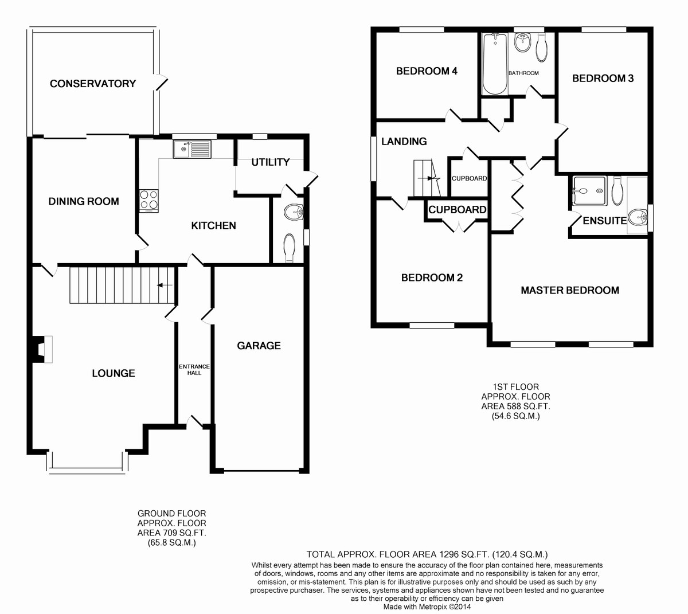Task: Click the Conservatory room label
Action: click(x=93, y=84)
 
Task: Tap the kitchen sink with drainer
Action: click(x=192, y=150)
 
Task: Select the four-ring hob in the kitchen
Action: click(x=148, y=201)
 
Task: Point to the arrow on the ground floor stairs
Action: click(x=165, y=286)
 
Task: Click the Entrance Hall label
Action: click(x=194, y=369)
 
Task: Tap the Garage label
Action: click(x=259, y=346)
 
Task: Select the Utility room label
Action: click(x=270, y=162)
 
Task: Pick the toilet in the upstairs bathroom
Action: click(x=542, y=48)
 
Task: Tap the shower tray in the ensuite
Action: click(x=589, y=191)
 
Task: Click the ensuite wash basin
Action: click(x=638, y=217)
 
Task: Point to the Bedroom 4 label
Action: click(x=427, y=71)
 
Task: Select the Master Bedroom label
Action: click(x=570, y=290)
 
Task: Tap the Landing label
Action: click(x=404, y=141)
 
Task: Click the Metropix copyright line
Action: click(x=427, y=607)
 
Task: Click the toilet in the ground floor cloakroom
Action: click(x=290, y=248)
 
